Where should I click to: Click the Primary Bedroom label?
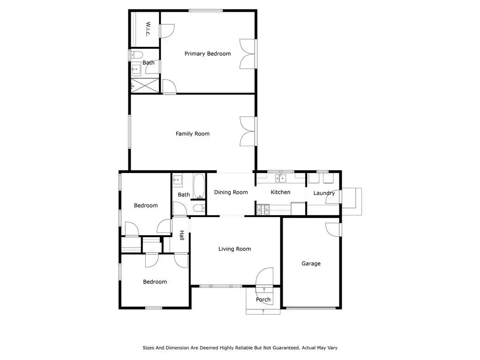click(x=208, y=53)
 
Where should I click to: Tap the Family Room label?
click(x=193, y=134)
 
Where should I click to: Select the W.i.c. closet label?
click(x=148, y=29)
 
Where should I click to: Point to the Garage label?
click(x=311, y=263)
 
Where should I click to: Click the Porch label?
click(x=263, y=300)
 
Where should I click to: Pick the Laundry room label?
click(x=324, y=193)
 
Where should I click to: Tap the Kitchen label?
click(x=280, y=192)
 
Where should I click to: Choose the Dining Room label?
click(x=231, y=192)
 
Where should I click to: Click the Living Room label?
click(x=235, y=249)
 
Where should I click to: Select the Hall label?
click(x=182, y=235)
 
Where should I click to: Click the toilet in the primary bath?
click(x=137, y=55)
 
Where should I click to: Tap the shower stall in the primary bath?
click(x=145, y=85)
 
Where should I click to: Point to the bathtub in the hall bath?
click(x=199, y=186)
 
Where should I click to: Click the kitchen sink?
click(x=280, y=178)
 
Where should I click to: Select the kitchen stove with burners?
click(x=263, y=210)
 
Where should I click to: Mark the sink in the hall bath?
click(x=178, y=180)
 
